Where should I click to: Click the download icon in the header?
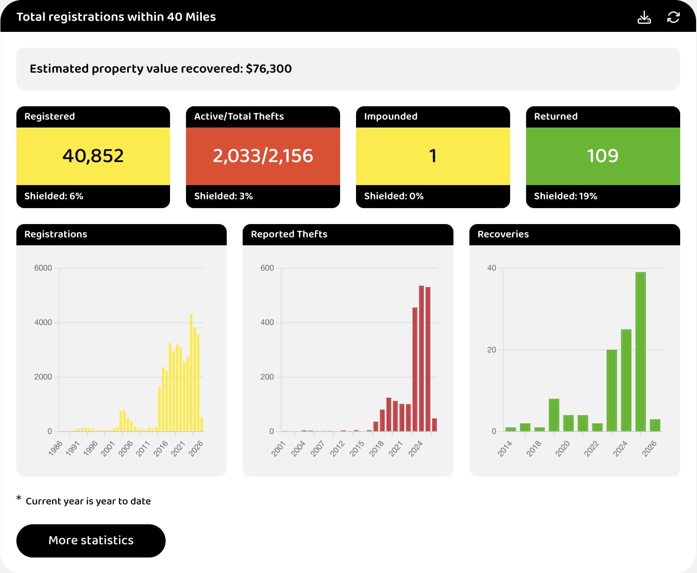coord(644,17)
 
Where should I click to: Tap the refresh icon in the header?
coord(673,17)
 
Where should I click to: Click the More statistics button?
coord(91,541)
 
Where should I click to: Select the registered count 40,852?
coord(93,156)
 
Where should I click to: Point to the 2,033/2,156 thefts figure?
coord(263,156)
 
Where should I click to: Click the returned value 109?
coord(602,156)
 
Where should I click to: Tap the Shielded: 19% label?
coord(565,196)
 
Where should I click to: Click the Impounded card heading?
coord(391,116)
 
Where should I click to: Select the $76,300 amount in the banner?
coord(269,69)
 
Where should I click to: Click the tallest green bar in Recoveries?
coord(640,352)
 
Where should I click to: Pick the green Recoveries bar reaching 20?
coord(612,390)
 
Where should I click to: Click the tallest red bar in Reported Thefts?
coord(421,358)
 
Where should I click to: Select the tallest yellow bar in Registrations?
coord(191,372)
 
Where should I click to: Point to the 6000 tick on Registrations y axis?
coord(43,268)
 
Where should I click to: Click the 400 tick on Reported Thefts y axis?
coord(267,322)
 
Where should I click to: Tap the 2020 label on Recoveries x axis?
coord(562,449)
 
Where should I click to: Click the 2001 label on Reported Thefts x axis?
coord(279,449)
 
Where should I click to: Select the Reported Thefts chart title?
coord(289,234)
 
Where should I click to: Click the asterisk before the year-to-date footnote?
coord(19,499)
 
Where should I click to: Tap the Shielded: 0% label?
coord(394,196)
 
